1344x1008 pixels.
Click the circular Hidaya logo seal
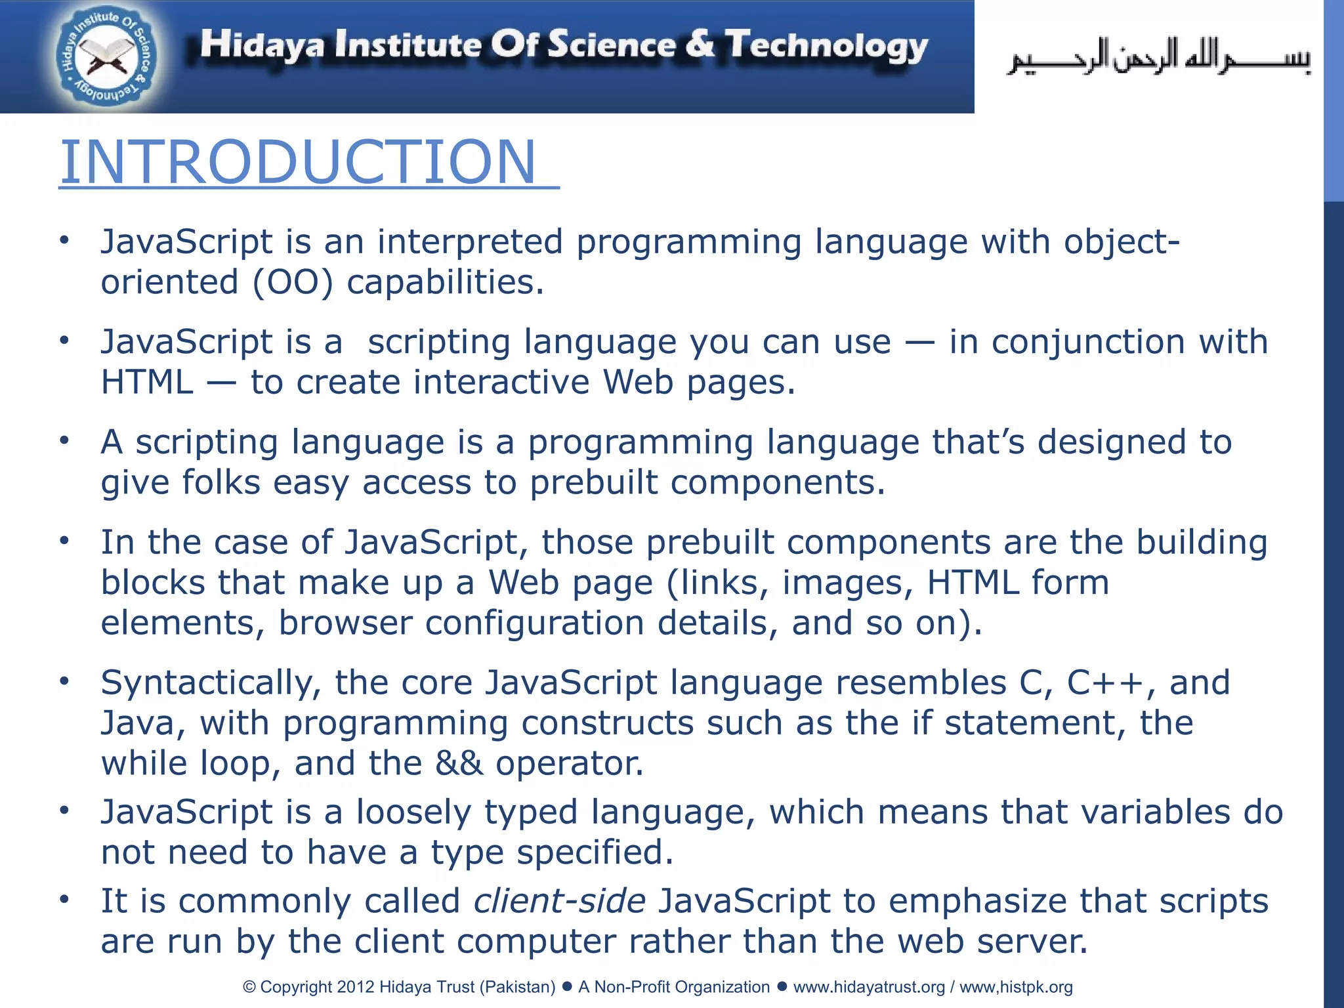click(x=106, y=58)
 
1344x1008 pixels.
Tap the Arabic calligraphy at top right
click(x=1158, y=58)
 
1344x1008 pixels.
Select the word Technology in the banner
click(x=826, y=46)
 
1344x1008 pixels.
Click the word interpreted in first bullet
click(x=470, y=241)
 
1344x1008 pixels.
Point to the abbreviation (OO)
click(x=293, y=282)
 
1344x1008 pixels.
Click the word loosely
click(x=413, y=812)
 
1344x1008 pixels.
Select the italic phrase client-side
click(x=560, y=901)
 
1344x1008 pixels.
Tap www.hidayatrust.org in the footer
click(x=869, y=987)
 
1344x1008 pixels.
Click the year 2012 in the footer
click(x=356, y=987)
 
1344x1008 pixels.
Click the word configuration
click(x=534, y=623)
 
